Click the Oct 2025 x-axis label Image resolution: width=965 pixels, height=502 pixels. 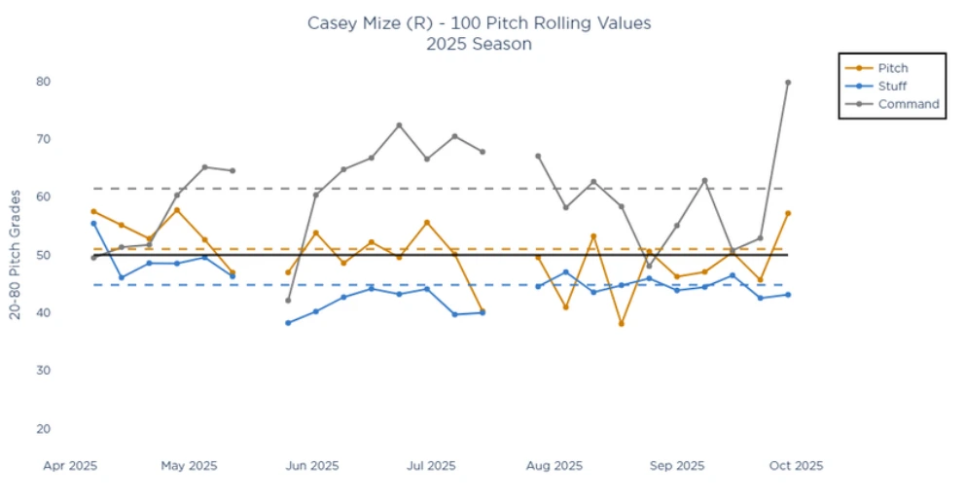tap(797, 466)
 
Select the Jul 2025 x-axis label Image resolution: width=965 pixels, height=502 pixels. tap(429, 466)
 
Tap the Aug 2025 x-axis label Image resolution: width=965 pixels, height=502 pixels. tap(555, 466)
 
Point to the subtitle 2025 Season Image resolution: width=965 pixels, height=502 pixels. tap(479, 44)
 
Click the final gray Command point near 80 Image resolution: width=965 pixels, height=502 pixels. tap(788, 83)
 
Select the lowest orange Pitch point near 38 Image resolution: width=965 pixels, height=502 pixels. tap(621, 323)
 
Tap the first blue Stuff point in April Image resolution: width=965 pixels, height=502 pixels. tap(93, 223)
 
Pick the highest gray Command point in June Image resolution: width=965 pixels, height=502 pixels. tap(399, 125)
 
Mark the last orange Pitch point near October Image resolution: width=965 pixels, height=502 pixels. tap(788, 213)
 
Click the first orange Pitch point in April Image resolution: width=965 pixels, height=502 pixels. tap(93, 211)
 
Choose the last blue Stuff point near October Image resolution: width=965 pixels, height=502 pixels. tap(788, 295)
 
